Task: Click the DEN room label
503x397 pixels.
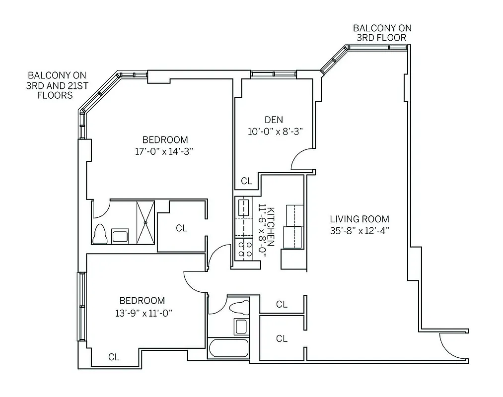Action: click(x=274, y=120)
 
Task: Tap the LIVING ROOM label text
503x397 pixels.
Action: click(x=359, y=219)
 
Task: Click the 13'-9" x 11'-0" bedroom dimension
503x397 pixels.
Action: click(x=142, y=313)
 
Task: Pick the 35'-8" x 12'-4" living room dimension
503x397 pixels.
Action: click(x=359, y=230)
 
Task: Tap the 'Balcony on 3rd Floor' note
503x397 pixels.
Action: click(x=382, y=33)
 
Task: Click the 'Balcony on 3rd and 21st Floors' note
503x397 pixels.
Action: click(x=57, y=85)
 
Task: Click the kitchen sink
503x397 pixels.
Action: click(x=243, y=208)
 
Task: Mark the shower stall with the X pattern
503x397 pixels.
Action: click(x=145, y=222)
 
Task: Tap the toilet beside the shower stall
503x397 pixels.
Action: click(x=100, y=234)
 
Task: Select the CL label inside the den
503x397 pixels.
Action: click(x=246, y=181)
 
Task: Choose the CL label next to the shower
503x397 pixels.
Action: click(x=182, y=228)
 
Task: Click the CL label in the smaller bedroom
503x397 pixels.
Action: click(x=114, y=356)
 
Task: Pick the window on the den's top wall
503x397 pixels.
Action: click(x=273, y=74)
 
